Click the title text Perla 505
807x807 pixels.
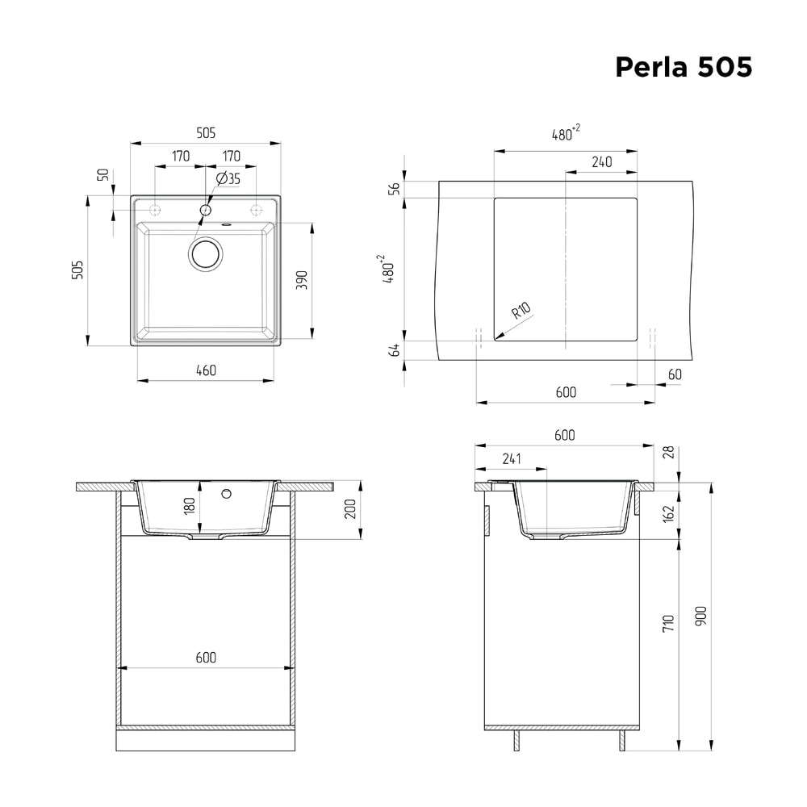point(684,67)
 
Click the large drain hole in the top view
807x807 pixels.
point(206,254)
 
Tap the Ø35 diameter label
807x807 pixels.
point(228,179)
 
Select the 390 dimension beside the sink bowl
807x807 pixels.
point(302,280)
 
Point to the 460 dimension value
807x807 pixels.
point(206,370)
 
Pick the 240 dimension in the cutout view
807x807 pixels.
point(601,162)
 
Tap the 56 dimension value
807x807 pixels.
point(394,189)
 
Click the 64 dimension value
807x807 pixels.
point(394,349)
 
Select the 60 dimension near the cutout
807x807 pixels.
point(675,374)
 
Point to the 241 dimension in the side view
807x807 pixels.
point(511,459)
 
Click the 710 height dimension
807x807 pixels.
point(668,622)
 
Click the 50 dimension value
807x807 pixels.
point(102,175)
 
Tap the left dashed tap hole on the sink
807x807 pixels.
point(156,210)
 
